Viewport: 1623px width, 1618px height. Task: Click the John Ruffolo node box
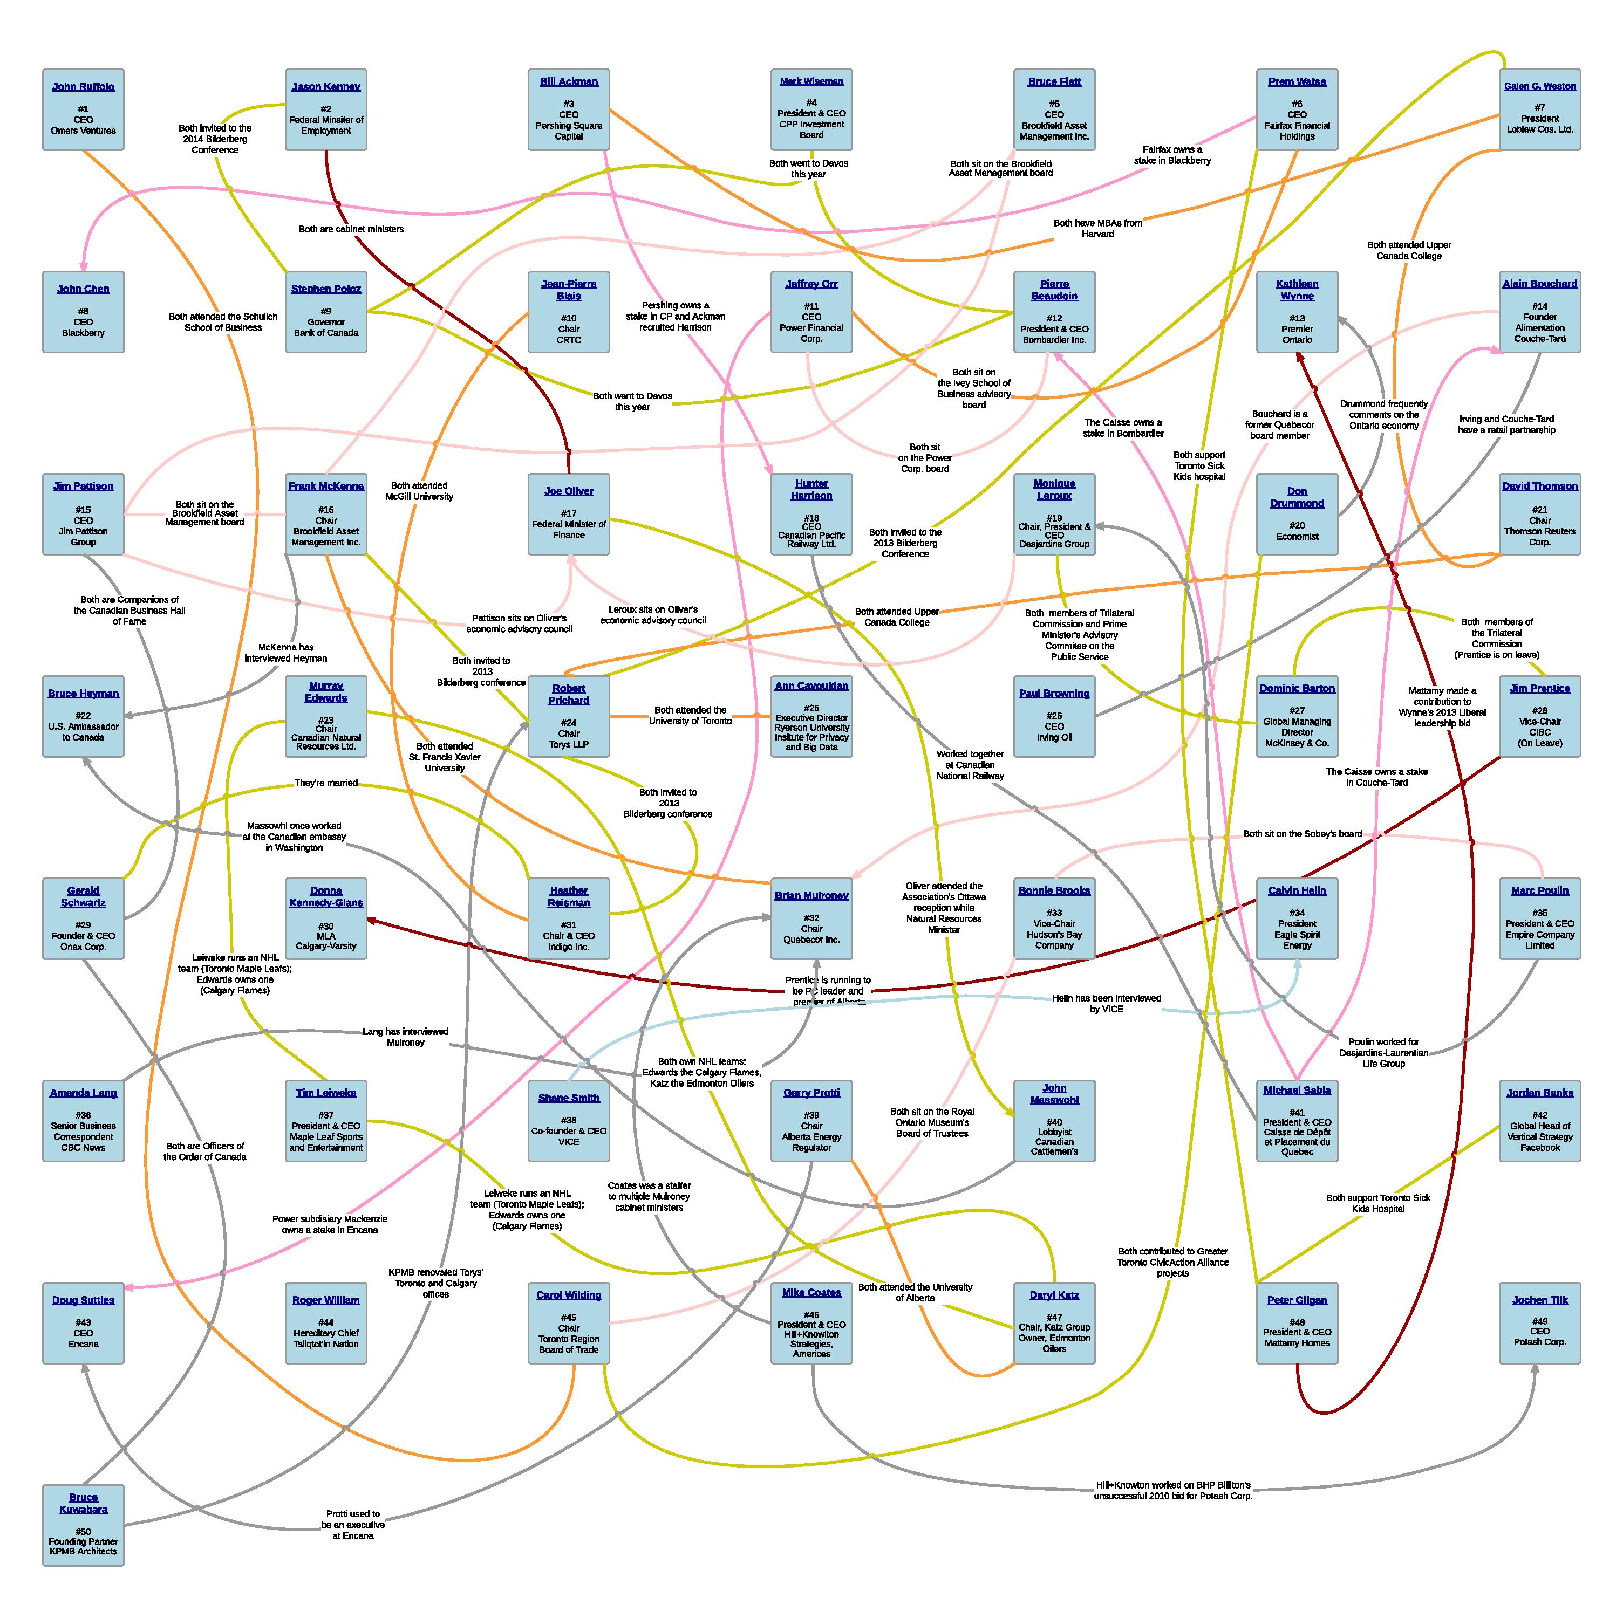pos(83,110)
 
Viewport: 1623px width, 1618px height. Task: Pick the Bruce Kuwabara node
pos(83,1525)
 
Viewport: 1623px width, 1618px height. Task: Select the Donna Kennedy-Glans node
pos(326,918)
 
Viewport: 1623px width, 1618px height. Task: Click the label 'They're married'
pos(326,783)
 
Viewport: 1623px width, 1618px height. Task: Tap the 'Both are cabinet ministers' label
pos(351,229)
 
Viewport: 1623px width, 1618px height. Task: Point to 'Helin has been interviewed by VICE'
pos(1106,1003)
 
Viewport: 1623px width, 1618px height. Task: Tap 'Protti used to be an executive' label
pos(353,1524)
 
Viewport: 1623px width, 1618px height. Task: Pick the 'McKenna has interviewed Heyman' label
pos(285,653)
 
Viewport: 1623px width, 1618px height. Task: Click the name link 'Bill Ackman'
pos(569,81)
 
